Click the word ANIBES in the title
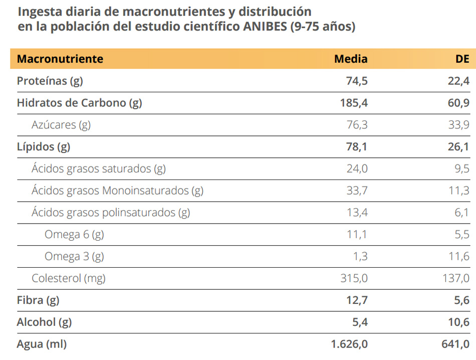pos(264,27)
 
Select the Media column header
pos(351,59)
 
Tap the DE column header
pos(462,59)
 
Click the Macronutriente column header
pos(60,59)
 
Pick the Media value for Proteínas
pos(356,81)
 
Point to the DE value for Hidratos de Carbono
pos(458,103)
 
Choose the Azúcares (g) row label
pos(61,125)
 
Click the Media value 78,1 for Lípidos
pos(356,147)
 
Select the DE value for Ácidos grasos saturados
pos(462,169)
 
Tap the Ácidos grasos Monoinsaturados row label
pos(117,191)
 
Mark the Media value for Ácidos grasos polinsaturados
pos(356,213)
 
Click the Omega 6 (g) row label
pos(74,234)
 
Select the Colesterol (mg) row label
pos(69,278)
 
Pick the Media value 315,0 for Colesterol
pos(354,278)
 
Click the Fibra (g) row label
pos(38,300)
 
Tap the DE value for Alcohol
pos(458,322)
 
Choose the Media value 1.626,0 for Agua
pos(349,344)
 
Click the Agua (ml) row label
pos(42,344)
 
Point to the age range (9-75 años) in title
pos(323,27)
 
